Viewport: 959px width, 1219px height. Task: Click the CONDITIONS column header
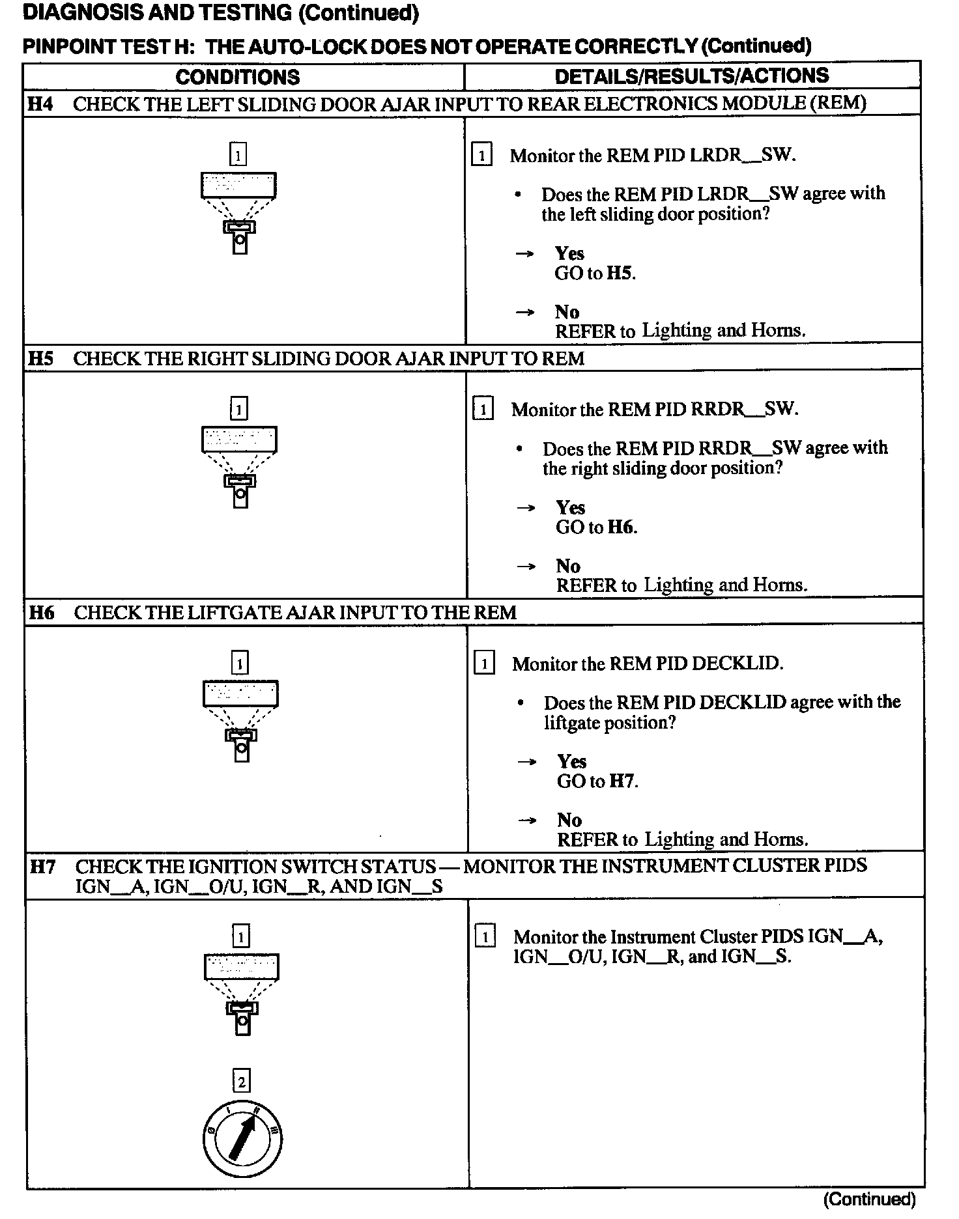[238, 77]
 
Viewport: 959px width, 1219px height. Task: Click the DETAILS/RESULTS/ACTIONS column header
[692, 76]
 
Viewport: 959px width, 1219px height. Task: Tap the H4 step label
[40, 104]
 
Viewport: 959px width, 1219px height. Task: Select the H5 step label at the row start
[41, 358]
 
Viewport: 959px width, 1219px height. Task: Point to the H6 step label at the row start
[42, 613]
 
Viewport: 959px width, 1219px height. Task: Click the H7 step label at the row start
[43, 867]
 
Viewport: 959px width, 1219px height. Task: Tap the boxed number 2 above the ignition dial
[242, 1081]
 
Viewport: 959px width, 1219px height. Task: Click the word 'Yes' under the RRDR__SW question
[570, 507]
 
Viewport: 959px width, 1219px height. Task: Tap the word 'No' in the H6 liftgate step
[569, 820]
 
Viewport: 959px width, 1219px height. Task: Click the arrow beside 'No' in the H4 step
[525, 313]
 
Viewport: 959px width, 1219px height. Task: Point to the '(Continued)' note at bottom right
[870, 1199]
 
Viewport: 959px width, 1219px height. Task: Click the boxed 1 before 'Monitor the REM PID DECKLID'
[484, 664]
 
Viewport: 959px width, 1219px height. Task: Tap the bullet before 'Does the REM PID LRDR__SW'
[518, 195]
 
